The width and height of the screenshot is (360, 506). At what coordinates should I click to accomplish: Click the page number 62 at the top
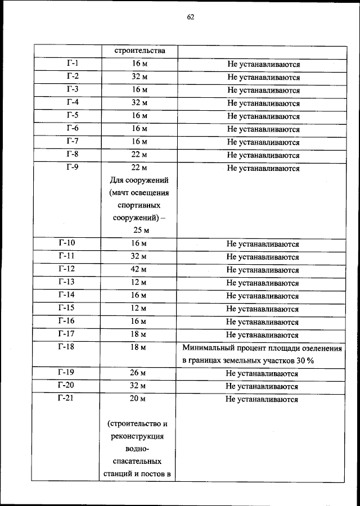click(x=190, y=17)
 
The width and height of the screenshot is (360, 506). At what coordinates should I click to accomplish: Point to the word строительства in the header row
click(x=139, y=51)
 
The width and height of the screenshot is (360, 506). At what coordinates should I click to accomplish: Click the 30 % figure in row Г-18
click(x=303, y=360)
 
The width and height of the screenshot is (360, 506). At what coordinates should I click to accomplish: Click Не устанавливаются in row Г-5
click(x=263, y=116)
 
